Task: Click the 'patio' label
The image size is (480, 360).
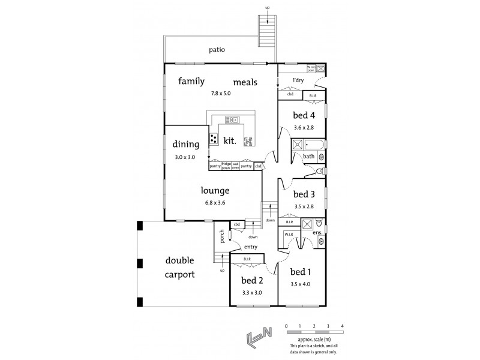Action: [x=217, y=50]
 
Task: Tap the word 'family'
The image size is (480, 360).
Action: [x=191, y=81]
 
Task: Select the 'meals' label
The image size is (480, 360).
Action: [x=245, y=82]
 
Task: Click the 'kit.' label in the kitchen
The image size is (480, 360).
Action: [x=229, y=141]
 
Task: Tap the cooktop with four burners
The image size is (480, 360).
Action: [x=214, y=139]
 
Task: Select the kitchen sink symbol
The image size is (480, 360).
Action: [x=232, y=119]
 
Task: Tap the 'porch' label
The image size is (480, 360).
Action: [x=222, y=236]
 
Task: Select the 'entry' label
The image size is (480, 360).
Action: [x=250, y=247]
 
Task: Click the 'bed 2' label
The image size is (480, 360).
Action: [x=252, y=281]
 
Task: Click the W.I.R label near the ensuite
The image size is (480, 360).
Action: [x=289, y=235]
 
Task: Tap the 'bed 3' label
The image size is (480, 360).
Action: [x=304, y=194]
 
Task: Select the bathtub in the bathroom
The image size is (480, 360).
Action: [x=314, y=145]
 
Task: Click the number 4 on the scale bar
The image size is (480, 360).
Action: [x=342, y=326]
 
